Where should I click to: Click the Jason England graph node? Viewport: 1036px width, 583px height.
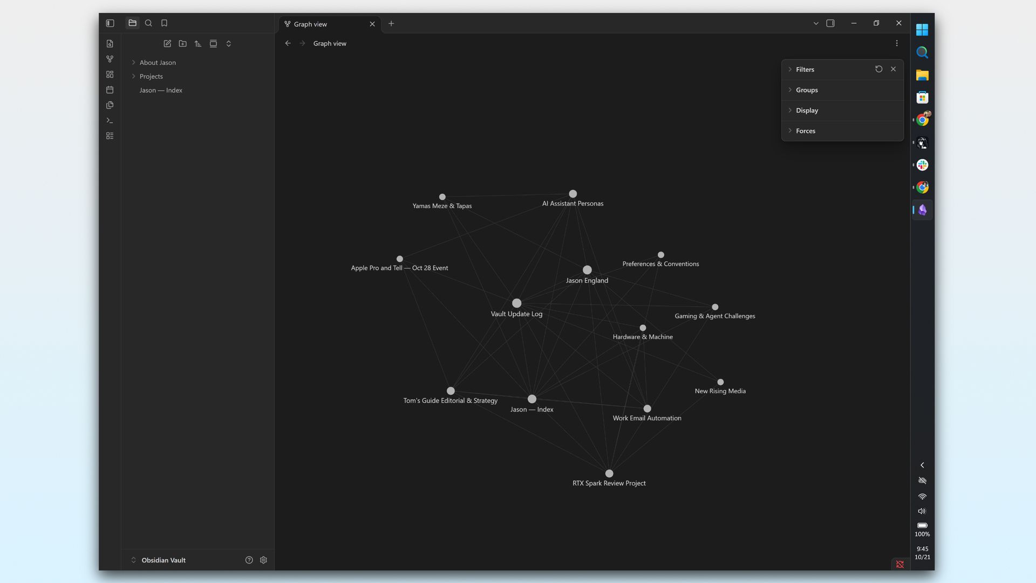coord(587,270)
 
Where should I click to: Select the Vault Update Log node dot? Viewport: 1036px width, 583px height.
coord(516,303)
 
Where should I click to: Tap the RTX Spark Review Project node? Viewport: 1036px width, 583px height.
coord(609,473)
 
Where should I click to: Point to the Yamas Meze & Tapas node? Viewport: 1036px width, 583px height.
coord(442,197)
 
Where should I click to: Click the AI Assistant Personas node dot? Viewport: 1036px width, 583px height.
coord(573,194)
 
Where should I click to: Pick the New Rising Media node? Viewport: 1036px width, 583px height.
coord(720,382)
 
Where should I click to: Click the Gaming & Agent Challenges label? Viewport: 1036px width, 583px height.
coord(715,316)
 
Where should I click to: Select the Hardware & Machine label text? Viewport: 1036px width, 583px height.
coord(643,337)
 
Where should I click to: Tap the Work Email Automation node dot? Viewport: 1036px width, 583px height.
coord(647,409)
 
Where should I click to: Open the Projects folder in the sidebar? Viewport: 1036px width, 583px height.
coord(151,77)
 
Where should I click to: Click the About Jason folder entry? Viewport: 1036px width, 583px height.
coord(158,63)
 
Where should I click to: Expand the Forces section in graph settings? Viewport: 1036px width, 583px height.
coord(806,131)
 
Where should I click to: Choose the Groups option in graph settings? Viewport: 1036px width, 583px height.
coord(807,90)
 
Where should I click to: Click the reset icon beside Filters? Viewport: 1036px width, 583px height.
coord(879,69)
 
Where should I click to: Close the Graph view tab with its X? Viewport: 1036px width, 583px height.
coord(372,24)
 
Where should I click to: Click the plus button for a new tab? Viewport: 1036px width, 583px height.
coord(391,24)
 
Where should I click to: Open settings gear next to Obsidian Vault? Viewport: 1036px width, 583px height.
coord(263,560)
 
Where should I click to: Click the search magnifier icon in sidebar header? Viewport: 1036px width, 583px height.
coord(148,23)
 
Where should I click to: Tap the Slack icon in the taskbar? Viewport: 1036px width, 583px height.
coord(922,165)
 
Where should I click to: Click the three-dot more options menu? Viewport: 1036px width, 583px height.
coord(897,44)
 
